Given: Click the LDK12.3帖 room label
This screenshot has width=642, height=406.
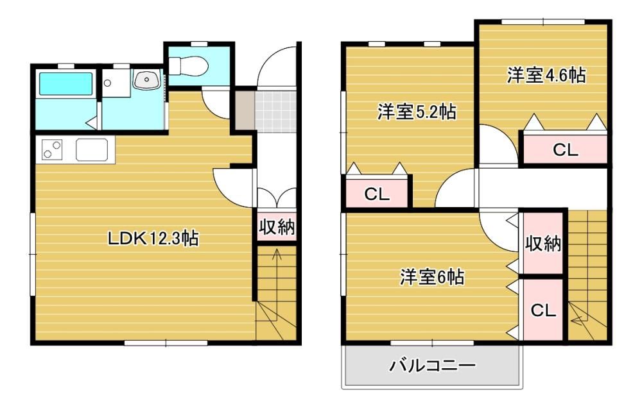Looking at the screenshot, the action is [153, 238].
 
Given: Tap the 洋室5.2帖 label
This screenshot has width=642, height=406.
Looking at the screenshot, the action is [417, 112].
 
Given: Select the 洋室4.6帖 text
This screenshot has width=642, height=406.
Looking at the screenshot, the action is [546, 75].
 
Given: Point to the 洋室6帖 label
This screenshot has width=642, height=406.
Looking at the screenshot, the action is [432, 277].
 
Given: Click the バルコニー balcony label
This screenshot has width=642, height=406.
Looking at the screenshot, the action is [432, 365].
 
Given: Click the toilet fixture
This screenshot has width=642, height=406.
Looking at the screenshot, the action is [189, 65].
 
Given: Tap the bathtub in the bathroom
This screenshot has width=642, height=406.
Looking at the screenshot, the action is [65, 84].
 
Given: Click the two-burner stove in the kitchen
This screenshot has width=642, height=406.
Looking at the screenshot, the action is [52, 149].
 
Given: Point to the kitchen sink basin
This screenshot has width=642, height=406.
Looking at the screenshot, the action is [92, 149].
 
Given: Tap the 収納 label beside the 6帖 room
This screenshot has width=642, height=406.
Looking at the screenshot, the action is [543, 244].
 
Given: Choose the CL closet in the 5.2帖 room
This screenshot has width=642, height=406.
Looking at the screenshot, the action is [377, 194].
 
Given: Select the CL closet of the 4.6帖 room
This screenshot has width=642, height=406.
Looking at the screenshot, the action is [566, 150].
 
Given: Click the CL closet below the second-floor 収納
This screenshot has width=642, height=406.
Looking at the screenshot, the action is [543, 310].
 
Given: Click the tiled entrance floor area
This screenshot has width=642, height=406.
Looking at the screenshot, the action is [275, 112].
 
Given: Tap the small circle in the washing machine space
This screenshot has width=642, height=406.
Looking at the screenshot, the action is [107, 83].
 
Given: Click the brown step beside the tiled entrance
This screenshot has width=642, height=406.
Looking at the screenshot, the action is [245, 110].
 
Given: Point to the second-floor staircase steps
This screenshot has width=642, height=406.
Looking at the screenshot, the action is [587, 275].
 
